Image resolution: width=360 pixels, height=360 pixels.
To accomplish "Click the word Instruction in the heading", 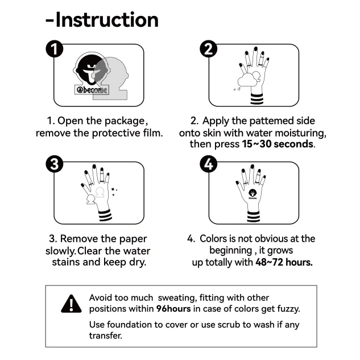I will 107,20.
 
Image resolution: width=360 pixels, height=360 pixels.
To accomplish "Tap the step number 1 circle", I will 53,49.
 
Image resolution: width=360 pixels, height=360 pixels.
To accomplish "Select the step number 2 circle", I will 209,49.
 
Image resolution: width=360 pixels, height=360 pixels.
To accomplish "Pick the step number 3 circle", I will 53,165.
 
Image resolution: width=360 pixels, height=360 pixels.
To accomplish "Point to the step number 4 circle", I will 209,165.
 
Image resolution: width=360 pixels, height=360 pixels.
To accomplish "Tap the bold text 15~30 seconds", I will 278,144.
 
